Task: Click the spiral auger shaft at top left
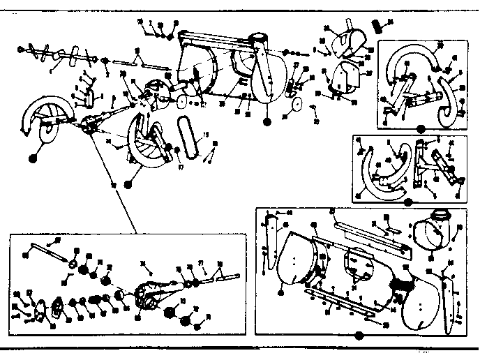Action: [52, 53]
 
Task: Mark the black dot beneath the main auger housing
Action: [267, 122]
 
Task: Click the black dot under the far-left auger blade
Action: [32, 158]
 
